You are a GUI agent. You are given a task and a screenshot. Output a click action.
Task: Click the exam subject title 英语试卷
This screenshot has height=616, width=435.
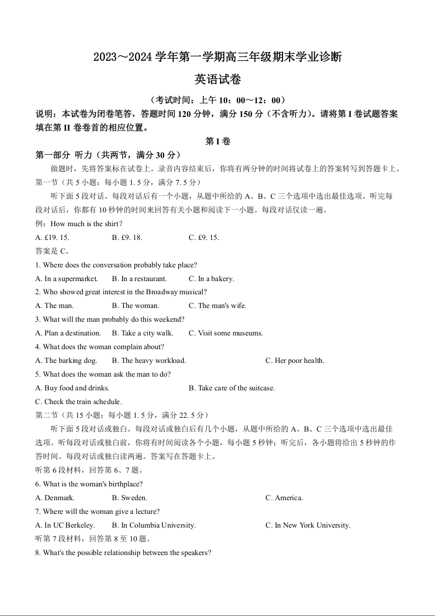pos(217,80)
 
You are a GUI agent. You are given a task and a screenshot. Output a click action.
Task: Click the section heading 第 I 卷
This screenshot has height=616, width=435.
pos(217,141)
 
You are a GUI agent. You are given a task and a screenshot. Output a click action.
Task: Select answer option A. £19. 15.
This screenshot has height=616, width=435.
pos(52,237)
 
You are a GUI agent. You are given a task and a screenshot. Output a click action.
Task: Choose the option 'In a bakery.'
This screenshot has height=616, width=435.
pos(211,278)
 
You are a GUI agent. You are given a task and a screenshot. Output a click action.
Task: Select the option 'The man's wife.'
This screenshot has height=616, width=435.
pos(217,306)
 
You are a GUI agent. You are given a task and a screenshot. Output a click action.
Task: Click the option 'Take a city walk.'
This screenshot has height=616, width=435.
pos(143,333)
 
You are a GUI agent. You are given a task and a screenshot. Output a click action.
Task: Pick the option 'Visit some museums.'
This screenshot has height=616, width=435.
pos(225,333)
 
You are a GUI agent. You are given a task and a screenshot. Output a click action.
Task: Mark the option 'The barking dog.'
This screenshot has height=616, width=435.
pos(66,361)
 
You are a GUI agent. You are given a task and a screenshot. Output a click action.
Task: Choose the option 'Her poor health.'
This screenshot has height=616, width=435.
pos(295,361)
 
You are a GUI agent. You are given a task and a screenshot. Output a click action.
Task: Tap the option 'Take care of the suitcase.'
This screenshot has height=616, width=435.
pos(231,388)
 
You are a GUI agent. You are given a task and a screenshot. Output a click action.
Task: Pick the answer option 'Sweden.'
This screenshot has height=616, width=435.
pos(129,498)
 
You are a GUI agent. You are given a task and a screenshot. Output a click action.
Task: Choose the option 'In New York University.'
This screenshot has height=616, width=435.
pos(308,525)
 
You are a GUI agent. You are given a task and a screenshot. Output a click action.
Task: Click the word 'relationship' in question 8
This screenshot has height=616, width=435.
pos(109,553)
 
